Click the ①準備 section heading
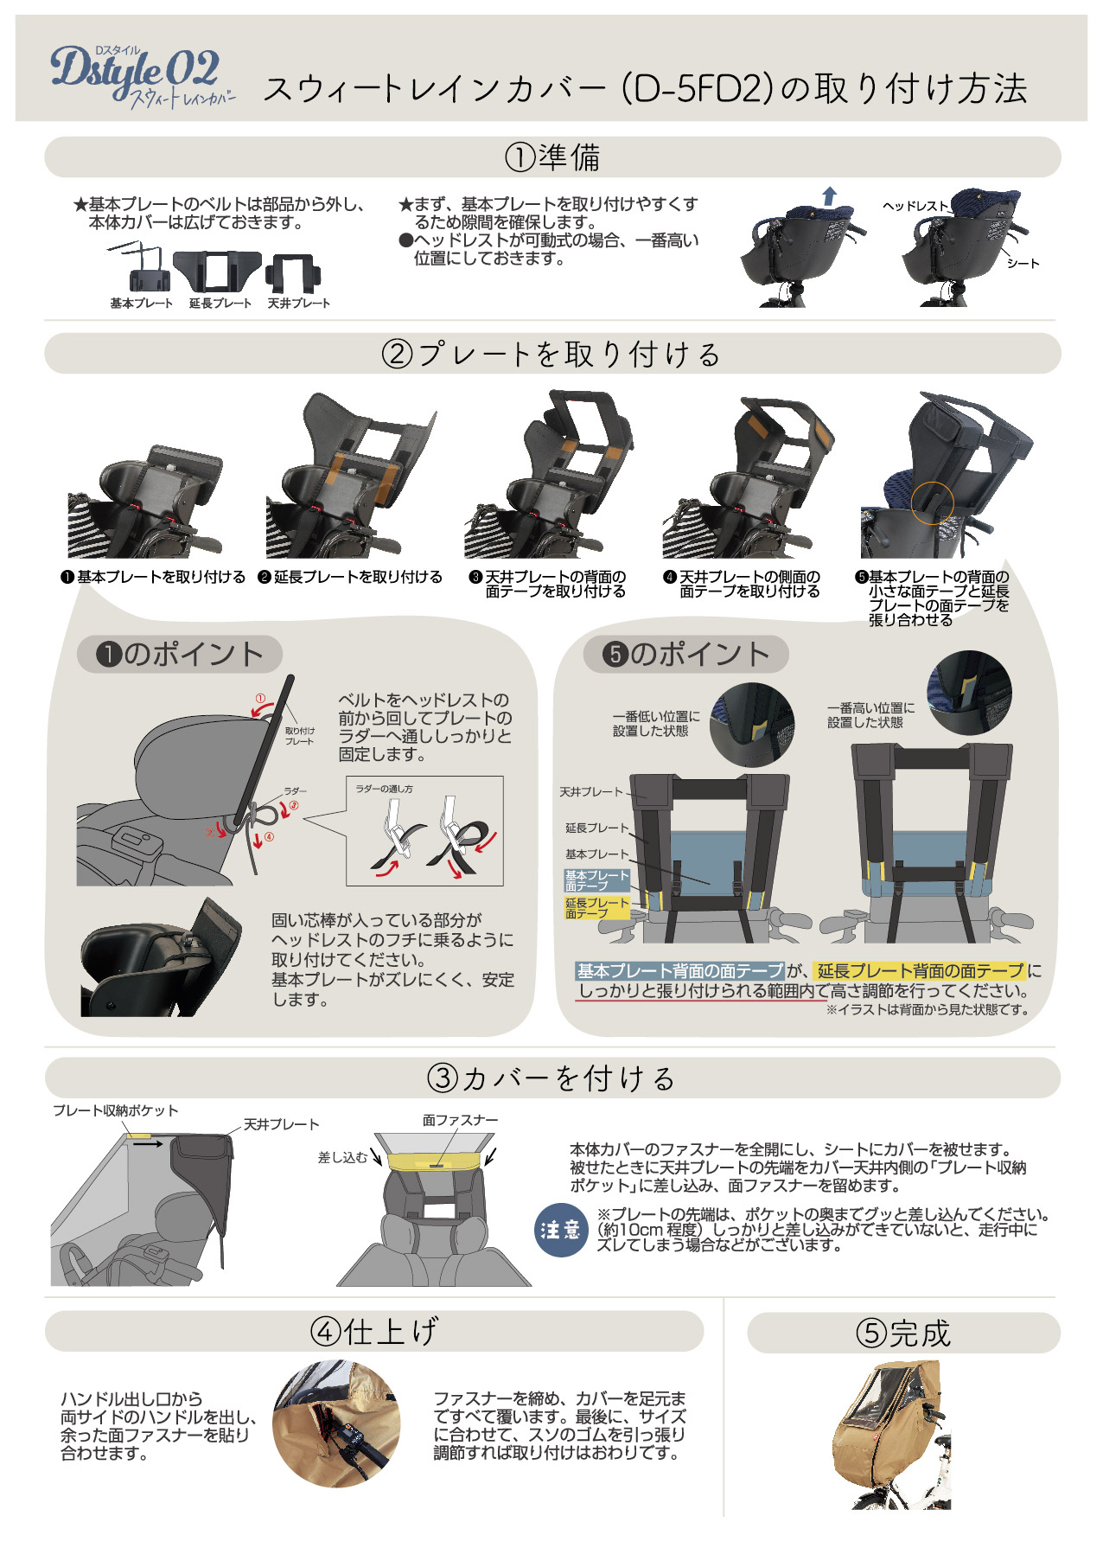[x=552, y=157]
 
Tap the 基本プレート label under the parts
[x=141, y=304]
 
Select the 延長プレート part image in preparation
[x=217, y=272]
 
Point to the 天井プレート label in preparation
[x=298, y=304]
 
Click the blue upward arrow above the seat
[x=829, y=196]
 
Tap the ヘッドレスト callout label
[x=915, y=206]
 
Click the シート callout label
[x=1023, y=263]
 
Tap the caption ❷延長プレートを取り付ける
[x=350, y=577]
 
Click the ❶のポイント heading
[x=180, y=654]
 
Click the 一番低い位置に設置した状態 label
[x=656, y=724]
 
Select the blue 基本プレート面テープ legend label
[x=596, y=880]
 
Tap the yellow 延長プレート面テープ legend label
[x=596, y=908]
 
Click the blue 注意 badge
[x=561, y=1230]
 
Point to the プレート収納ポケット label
[x=116, y=1111]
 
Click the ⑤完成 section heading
[x=903, y=1333]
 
